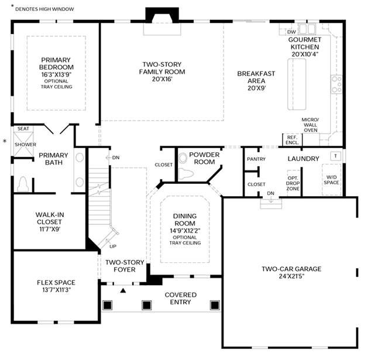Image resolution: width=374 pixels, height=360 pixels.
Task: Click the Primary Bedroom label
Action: [56, 63]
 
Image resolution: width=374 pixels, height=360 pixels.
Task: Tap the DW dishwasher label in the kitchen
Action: [291, 32]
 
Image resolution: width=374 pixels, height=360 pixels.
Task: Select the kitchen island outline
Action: [297, 84]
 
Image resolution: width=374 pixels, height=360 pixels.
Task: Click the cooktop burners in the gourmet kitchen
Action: [337, 84]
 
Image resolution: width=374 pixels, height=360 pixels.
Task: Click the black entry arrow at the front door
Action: [123, 290]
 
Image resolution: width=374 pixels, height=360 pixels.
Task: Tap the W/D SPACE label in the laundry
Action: [331, 180]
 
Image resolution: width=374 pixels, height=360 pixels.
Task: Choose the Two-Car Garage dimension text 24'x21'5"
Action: [291, 276]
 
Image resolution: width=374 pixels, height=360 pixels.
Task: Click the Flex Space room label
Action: [56, 283]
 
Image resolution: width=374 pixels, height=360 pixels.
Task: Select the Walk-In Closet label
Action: [50, 218]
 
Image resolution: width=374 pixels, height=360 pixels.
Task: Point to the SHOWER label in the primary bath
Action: [25, 145]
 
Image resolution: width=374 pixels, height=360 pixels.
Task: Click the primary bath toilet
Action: [23, 184]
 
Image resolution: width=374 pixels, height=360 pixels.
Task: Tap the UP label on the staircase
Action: [113, 246]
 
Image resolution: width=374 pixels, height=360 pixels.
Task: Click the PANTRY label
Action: [256, 159]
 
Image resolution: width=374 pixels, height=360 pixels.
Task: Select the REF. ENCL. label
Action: [292, 140]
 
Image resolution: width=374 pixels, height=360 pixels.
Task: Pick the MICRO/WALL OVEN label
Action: [310, 125]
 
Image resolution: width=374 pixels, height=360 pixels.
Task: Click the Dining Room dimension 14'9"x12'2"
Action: [185, 231]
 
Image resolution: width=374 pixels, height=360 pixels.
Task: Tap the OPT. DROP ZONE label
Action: [293, 183]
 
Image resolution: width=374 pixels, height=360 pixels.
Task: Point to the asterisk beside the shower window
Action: [5, 141]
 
